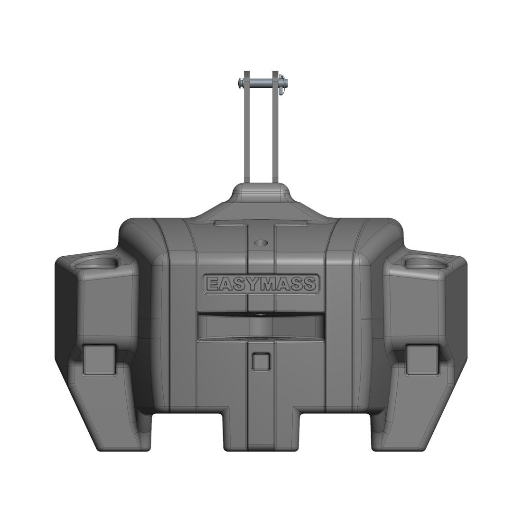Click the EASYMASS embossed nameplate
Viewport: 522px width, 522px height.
coord(261,284)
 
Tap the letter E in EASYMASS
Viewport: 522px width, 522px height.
coord(213,284)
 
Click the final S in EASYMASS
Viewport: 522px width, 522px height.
coord(309,284)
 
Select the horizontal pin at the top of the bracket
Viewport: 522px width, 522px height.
coord(263,82)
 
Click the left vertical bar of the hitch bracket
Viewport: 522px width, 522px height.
coord(247,127)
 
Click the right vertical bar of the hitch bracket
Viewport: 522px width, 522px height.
coord(275,127)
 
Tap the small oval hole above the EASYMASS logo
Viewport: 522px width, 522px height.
coord(261,242)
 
